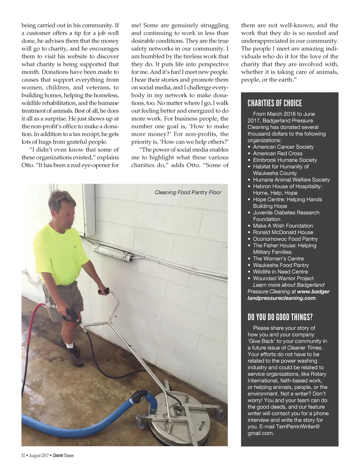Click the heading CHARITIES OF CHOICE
(275, 103)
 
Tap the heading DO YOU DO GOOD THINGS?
(280, 317)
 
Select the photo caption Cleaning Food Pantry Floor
(188, 192)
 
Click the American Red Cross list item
(277, 153)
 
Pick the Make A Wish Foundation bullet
(283, 226)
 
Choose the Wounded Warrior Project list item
(283, 278)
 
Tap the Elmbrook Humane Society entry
(285, 160)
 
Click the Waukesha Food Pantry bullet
(281, 265)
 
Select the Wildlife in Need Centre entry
(280, 272)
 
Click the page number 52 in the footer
(23, 456)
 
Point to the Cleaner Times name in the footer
(63, 456)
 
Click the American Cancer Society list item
(283, 147)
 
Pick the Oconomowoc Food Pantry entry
(285, 239)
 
